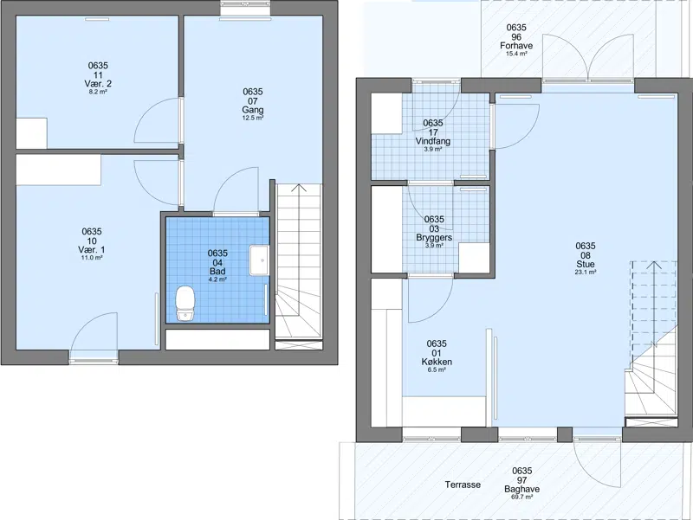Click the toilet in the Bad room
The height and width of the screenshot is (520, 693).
(x=185, y=303)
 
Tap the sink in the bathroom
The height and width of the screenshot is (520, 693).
(x=259, y=260)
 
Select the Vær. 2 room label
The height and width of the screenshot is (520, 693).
(x=98, y=83)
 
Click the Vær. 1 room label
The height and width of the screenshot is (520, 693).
(x=92, y=250)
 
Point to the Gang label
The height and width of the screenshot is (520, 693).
(x=253, y=110)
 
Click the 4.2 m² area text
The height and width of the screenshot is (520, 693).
(x=217, y=279)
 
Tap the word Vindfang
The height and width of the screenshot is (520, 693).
(x=433, y=141)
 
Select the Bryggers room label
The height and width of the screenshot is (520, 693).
(x=434, y=237)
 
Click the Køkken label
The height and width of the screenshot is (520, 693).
(x=437, y=362)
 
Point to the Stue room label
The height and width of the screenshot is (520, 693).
(x=586, y=264)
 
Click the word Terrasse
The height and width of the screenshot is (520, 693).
(x=463, y=485)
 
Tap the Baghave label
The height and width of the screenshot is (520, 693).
(x=522, y=489)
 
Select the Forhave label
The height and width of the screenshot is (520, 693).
(x=516, y=46)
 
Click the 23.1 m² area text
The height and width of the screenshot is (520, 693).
(x=586, y=273)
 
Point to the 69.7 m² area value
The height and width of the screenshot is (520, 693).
(x=522, y=497)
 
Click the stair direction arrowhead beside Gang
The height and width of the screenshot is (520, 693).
(x=299, y=188)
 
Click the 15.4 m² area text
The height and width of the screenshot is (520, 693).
(x=516, y=54)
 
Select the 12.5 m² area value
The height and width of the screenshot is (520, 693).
(x=253, y=118)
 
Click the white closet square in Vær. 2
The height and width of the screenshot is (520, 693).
(x=32, y=133)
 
